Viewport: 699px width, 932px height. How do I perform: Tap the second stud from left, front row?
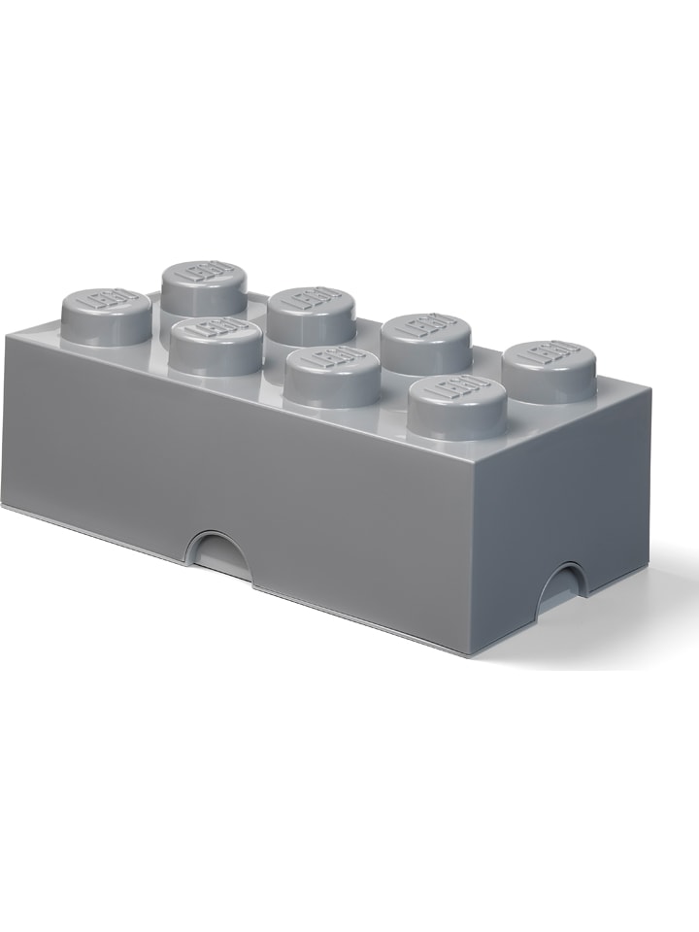[213, 346]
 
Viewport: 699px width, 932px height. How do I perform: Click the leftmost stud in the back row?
[205, 286]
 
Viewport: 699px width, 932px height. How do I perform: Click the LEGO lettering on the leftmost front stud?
[106, 302]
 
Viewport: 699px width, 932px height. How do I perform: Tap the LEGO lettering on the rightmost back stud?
[549, 352]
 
